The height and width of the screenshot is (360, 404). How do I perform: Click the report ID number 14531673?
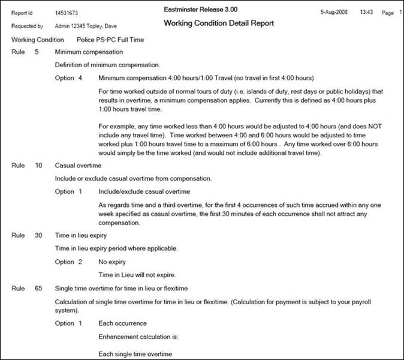click(67, 12)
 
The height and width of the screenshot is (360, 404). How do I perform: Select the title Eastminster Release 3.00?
click(200, 10)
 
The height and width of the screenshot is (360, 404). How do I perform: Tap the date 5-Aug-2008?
click(334, 12)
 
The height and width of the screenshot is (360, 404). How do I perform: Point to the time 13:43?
click(367, 12)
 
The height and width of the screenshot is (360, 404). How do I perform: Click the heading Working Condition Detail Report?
click(218, 23)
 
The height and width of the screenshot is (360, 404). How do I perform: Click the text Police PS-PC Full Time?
click(110, 40)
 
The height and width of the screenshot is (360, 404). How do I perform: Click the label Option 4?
click(68, 78)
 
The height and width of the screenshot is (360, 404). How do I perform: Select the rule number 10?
click(38, 164)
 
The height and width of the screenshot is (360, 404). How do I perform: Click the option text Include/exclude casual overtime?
click(144, 191)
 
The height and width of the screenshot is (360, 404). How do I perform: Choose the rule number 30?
click(38, 236)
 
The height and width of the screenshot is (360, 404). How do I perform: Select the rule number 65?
click(38, 289)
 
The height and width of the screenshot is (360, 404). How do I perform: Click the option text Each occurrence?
click(122, 324)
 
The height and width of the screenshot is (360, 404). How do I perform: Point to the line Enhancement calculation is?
click(138, 337)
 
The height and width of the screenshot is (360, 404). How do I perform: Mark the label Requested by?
click(27, 27)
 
